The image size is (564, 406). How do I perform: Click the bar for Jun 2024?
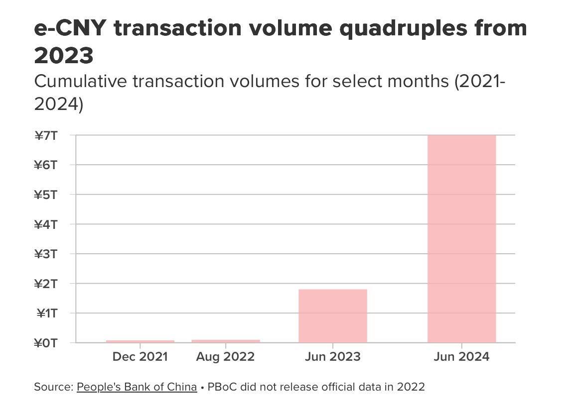point(461,239)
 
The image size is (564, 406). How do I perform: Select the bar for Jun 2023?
point(333,316)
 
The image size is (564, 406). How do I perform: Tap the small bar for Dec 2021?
point(140,341)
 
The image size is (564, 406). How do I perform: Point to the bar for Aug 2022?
point(226,341)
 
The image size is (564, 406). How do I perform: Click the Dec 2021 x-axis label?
point(140,357)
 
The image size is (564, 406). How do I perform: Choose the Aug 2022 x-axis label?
point(225,357)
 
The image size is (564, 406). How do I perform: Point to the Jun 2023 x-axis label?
point(333,357)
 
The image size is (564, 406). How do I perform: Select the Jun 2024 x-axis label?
point(462,357)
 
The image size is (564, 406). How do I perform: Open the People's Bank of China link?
point(137,387)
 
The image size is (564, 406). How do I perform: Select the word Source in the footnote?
point(52,387)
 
